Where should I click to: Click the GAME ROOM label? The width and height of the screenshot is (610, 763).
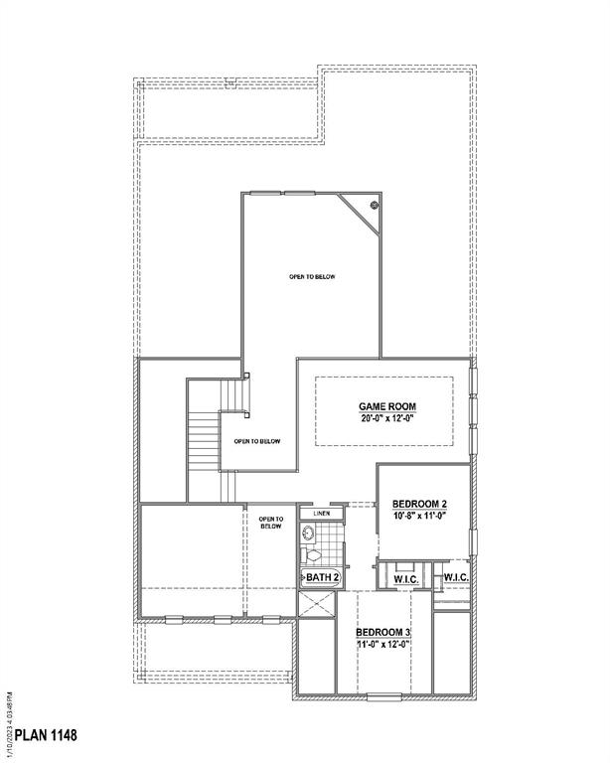[386, 407]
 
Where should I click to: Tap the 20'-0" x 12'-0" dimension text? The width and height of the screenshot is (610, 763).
[386, 419]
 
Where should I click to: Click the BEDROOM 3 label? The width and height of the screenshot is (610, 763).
[385, 632]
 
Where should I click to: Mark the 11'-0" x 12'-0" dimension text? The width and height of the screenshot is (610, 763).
[385, 645]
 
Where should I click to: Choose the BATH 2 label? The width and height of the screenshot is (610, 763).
[323, 577]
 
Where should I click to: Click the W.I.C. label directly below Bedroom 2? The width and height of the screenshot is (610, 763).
[404, 577]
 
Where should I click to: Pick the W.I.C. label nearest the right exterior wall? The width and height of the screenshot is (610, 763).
[456, 577]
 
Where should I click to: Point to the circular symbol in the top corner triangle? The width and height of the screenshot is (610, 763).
[375, 206]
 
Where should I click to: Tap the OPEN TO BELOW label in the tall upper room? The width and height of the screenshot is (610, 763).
[312, 276]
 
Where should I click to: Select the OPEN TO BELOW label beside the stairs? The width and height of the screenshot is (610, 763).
[257, 441]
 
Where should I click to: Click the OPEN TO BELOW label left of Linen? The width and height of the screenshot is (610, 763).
[271, 523]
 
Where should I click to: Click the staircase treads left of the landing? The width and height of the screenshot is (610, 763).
[203, 437]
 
